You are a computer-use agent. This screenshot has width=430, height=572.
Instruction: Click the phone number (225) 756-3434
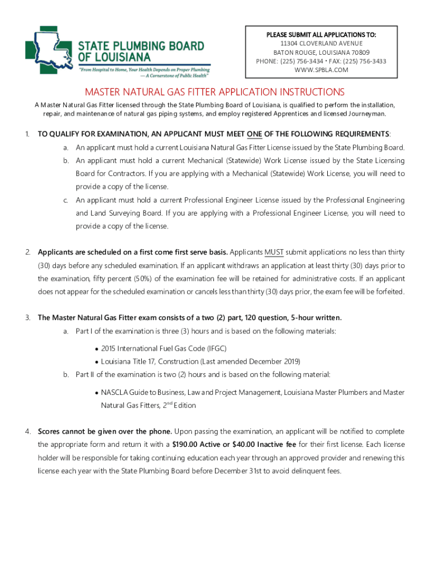(305, 61)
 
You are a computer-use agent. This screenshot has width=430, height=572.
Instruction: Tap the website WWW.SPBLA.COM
(321, 70)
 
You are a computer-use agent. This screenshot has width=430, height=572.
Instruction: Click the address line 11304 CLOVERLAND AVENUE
(321, 44)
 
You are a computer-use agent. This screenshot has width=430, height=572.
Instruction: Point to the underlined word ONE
(255, 134)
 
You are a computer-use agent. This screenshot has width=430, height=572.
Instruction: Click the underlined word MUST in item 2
(274, 251)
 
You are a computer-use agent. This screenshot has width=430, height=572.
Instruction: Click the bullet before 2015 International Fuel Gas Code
(97, 349)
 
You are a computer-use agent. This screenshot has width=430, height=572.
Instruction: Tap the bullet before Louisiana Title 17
(97, 361)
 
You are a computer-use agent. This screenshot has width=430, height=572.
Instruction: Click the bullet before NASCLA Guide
(97, 393)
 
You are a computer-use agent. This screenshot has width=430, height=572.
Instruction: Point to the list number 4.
(27, 432)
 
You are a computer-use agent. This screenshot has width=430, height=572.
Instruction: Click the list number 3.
(27, 318)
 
